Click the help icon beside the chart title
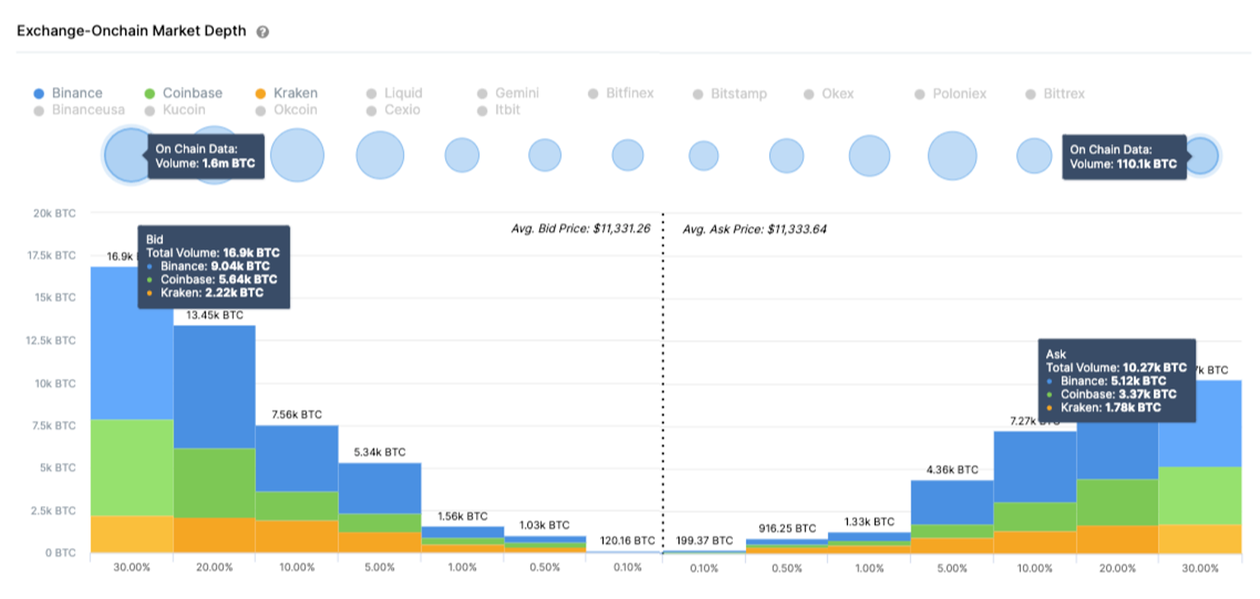[x=263, y=32]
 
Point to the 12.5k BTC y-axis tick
[x=53, y=341]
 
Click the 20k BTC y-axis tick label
[x=53, y=214]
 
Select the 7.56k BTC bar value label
[x=296, y=415]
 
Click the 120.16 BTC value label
[x=627, y=541]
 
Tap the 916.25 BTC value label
[x=787, y=528]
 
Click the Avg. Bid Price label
[x=581, y=229]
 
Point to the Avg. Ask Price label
[x=754, y=230]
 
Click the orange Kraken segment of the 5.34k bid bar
[x=379, y=542]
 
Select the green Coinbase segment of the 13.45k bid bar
[x=214, y=483]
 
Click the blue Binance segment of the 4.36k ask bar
[x=952, y=502]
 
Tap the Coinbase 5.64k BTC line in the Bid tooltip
[x=212, y=279]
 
